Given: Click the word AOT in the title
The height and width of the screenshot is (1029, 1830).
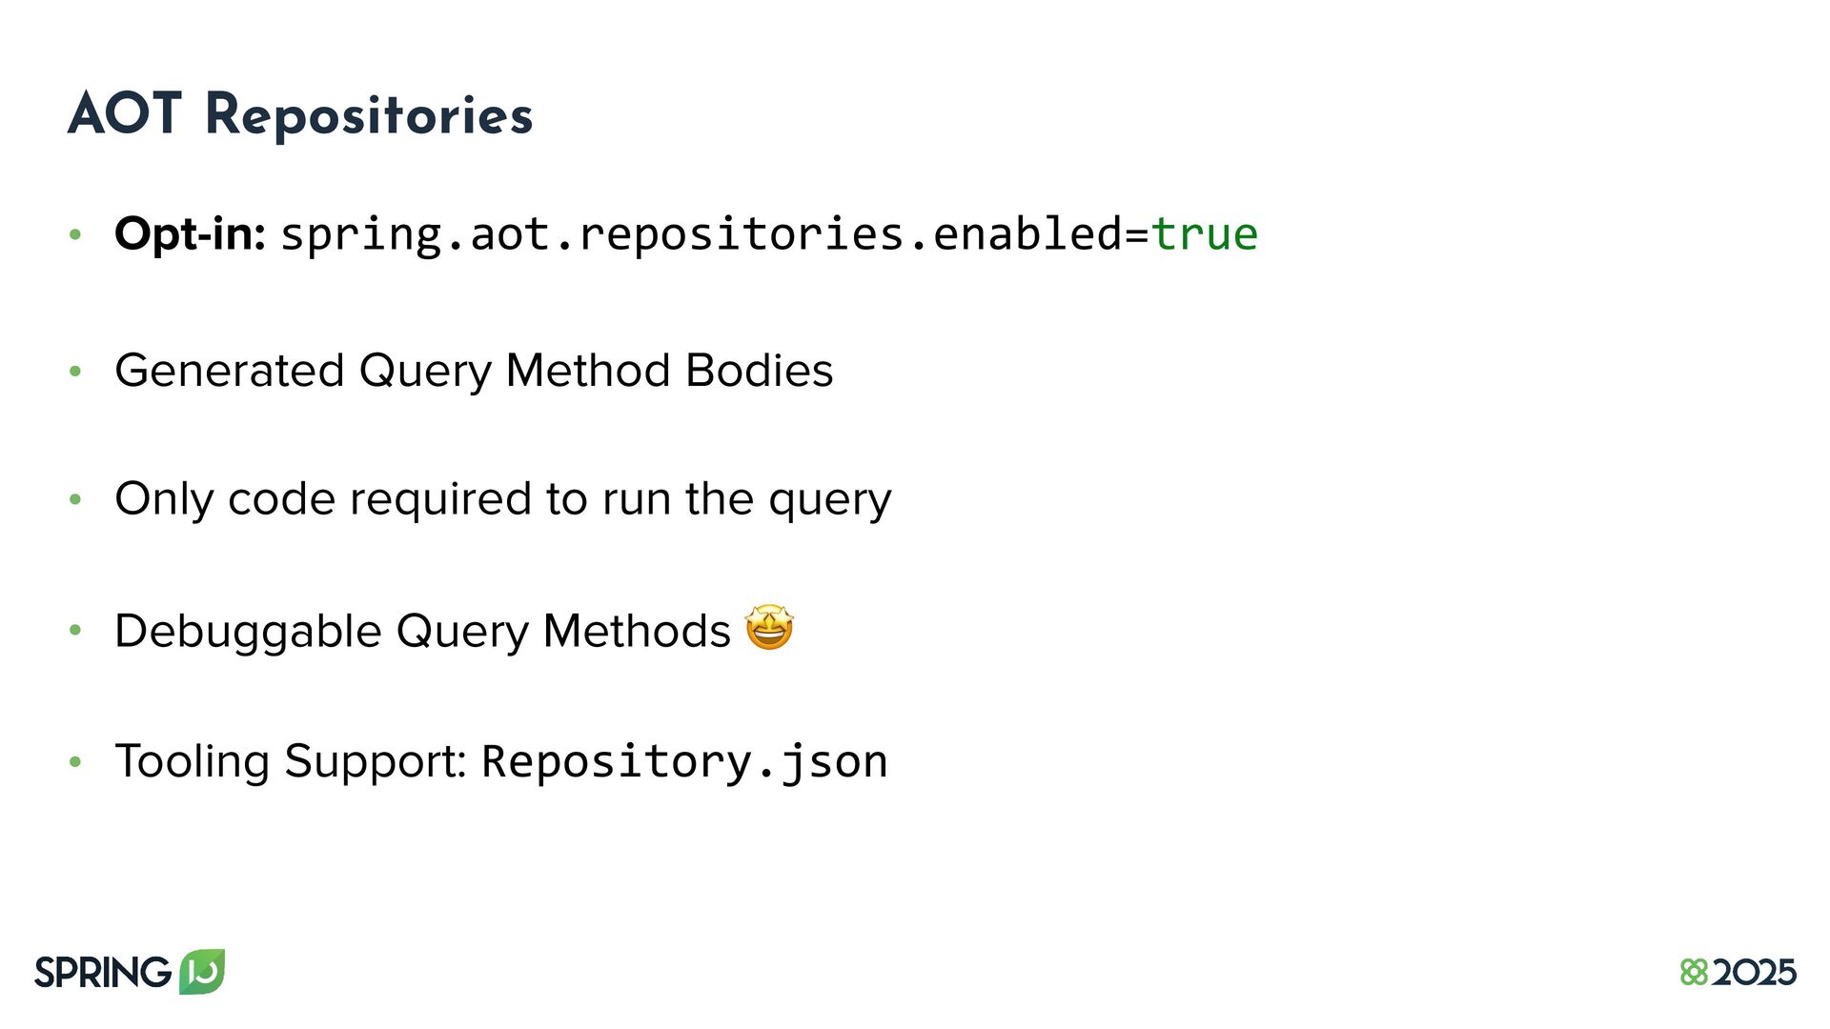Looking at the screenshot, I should point(124,114).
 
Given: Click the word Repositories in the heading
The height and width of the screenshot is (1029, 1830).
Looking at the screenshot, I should point(369,116).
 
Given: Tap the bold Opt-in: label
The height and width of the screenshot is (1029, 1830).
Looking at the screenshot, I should point(190,233).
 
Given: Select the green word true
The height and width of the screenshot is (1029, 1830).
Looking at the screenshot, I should point(1205,234).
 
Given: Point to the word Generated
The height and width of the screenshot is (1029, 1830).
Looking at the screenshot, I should point(229,371).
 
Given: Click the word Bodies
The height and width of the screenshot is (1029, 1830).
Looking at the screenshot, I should point(759,371).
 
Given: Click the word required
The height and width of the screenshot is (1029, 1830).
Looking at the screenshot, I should point(440,499).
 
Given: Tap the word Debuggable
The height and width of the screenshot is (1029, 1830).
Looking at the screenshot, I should point(248,631).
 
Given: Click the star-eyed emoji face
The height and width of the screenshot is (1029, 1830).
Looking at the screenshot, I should point(769,628).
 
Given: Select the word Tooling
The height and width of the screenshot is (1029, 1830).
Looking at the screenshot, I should point(193,762).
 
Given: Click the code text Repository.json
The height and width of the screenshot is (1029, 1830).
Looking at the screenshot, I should point(684,762).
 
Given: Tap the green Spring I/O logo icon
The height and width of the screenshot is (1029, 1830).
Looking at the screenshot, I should point(202,971).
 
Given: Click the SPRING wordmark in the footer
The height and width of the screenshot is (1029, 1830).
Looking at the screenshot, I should point(102,973).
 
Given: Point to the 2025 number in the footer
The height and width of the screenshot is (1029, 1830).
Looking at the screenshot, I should point(1754,973).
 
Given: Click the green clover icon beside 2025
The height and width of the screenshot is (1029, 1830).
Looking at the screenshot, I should point(1694,973).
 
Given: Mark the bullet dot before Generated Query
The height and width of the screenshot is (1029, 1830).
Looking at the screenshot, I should point(75,372).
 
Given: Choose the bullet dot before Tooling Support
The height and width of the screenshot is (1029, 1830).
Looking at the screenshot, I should point(75,762).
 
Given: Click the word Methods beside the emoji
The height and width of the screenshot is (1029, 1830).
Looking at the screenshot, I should point(636,631).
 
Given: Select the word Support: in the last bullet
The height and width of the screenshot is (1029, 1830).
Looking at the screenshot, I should point(376,762).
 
